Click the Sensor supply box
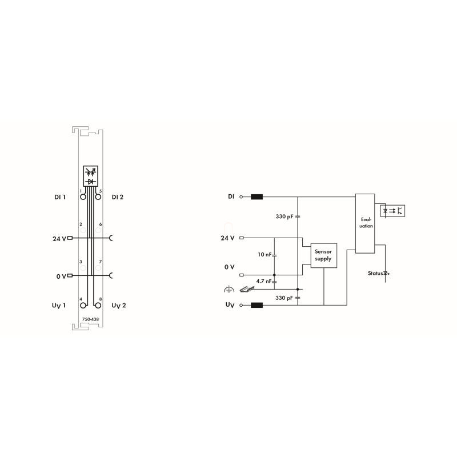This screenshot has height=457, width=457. (x=323, y=255)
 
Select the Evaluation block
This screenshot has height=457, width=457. (x=365, y=223)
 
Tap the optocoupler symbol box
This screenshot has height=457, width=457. (x=392, y=211)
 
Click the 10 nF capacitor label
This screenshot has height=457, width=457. (x=264, y=254)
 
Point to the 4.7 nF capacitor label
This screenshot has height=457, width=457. (x=264, y=281)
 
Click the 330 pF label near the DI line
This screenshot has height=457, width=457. (x=284, y=217)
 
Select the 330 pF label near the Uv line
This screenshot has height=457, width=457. (x=284, y=298)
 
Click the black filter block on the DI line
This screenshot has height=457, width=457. (x=256, y=197)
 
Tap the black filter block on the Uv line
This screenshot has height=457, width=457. (x=256, y=305)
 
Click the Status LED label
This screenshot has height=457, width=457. (x=375, y=274)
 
